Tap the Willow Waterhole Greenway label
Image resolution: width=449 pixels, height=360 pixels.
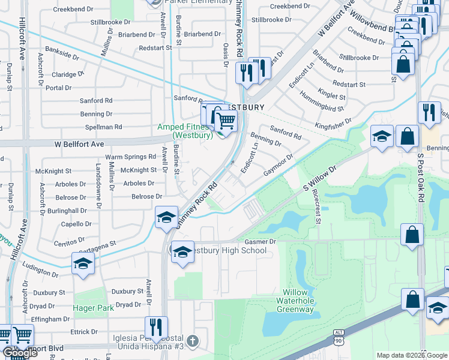[295, 301]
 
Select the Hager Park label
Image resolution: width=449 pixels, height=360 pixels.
[89, 308]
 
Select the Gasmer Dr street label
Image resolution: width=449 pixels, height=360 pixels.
[260, 242]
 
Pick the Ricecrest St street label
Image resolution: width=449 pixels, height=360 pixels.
[316, 208]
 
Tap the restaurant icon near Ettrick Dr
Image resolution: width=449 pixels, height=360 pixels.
[155, 327]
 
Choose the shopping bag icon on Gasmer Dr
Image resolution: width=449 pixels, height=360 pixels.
[412, 235]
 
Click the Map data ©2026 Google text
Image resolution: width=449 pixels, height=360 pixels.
[411, 355]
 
